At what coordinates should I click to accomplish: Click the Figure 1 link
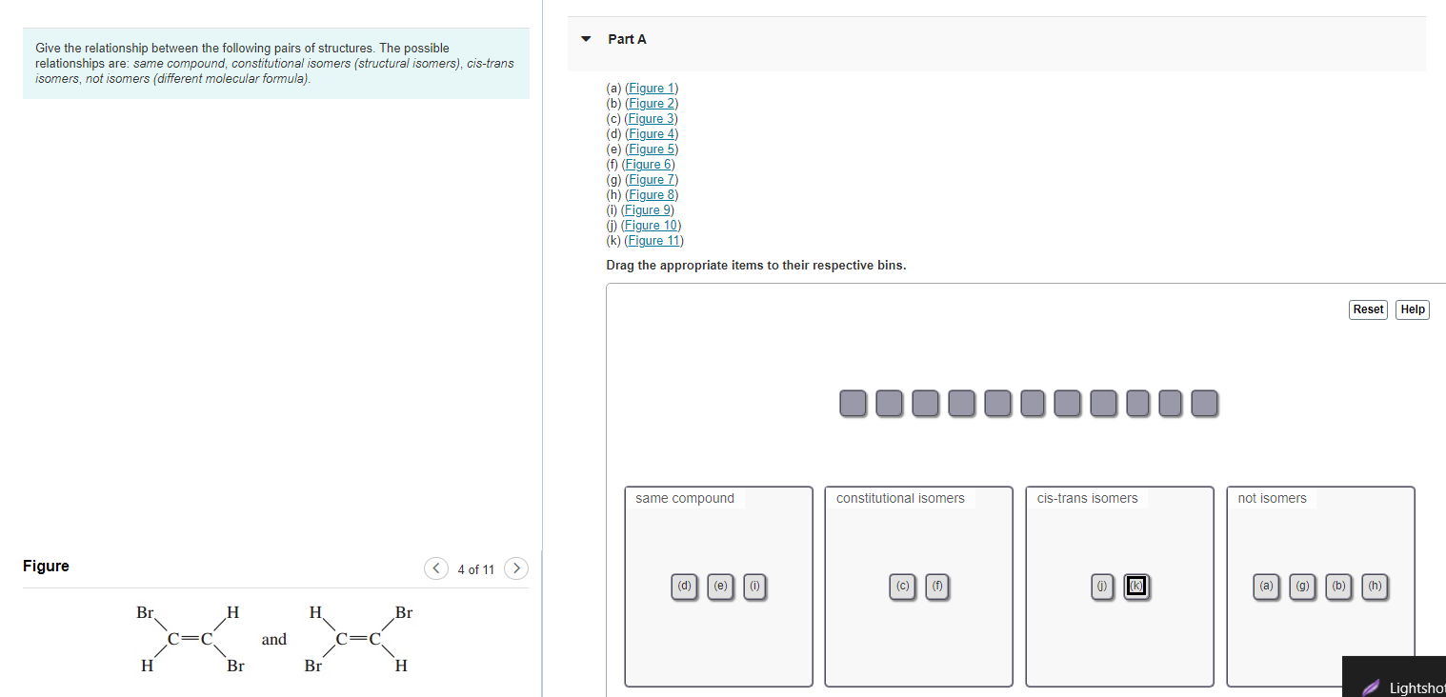point(652,88)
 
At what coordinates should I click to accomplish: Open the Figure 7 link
point(652,179)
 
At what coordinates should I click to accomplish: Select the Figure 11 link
point(653,240)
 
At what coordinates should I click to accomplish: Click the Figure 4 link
point(652,133)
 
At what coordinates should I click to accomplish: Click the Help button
point(1413,309)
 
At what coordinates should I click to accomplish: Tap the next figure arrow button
point(516,568)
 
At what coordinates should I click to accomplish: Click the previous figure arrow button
point(436,568)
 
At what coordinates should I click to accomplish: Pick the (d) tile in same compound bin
point(684,587)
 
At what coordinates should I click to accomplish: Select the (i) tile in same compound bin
point(754,587)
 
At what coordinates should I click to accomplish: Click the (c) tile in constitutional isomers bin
point(902,587)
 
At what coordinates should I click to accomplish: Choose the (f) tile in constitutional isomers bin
point(937,587)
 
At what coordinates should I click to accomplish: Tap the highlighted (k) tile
point(1136,586)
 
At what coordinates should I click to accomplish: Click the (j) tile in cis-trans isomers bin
point(1102,587)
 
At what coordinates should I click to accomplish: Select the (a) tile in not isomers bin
point(1267,587)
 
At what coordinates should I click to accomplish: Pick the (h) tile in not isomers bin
point(1375,587)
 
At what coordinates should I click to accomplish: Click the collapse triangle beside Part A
point(586,39)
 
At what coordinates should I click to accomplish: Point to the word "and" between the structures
point(273,640)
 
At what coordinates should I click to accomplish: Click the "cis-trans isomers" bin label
point(1087,498)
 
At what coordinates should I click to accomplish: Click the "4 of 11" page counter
point(475,569)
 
